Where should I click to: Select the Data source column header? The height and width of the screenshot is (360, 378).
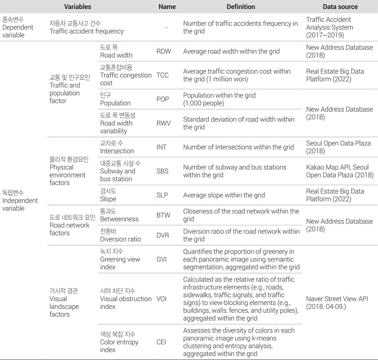click(x=340, y=7)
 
